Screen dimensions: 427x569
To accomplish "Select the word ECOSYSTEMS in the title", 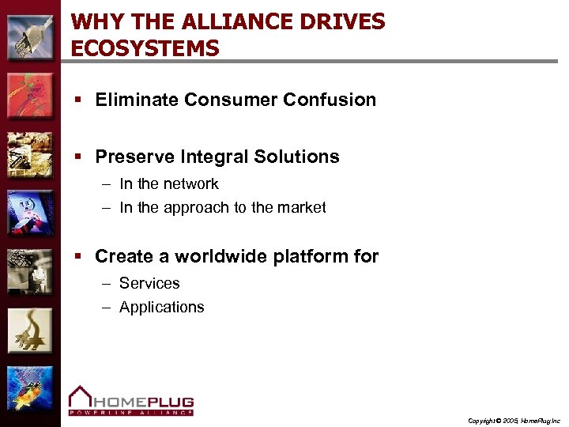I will pyautogui.click(x=145, y=49).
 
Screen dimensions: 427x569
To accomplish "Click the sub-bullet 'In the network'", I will pyautogui.click(x=168, y=183).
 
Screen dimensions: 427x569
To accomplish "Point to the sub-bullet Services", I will pyautogui.click(x=149, y=283).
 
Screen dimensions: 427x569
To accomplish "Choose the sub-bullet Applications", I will pyautogui.click(x=161, y=307).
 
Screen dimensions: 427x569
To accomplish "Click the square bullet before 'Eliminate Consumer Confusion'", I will pyautogui.click(x=77, y=100).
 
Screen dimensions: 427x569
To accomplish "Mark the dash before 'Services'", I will pyautogui.click(x=106, y=283).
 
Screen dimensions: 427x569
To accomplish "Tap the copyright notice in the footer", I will pyautogui.click(x=514, y=421).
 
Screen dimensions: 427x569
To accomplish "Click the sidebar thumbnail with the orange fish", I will pyautogui.click(x=30, y=389).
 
